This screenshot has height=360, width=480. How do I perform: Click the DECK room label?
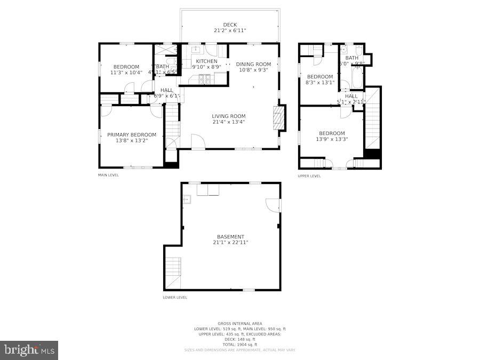coord(230,25)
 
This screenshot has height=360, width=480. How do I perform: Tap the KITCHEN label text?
coord(206,61)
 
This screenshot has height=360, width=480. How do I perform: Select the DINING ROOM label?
coord(253,64)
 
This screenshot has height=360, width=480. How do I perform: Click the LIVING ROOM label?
coord(228,116)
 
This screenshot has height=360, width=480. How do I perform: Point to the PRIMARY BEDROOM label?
coord(132,135)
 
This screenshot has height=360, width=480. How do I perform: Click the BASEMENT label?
coord(230,237)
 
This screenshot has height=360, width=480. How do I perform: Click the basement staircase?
coord(173,272)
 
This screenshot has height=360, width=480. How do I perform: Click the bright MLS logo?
coord(29,350)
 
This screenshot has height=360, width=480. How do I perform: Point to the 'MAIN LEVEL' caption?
coord(108,175)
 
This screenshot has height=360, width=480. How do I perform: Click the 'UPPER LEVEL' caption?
coord(309,176)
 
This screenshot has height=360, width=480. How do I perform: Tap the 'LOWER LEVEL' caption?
coord(175,298)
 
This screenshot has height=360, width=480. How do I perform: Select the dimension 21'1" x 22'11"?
coord(230,243)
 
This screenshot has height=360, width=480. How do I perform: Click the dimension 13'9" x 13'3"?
coord(332,139)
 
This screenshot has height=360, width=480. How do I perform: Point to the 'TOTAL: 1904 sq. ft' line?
coord(239,345)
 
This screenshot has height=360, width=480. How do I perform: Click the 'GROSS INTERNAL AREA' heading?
coord(239,324)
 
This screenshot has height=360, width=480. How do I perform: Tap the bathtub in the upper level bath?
coord(357,77)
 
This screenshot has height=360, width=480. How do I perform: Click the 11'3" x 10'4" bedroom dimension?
coord(126,73)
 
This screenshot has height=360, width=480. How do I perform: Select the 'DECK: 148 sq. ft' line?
coord(239,339)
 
